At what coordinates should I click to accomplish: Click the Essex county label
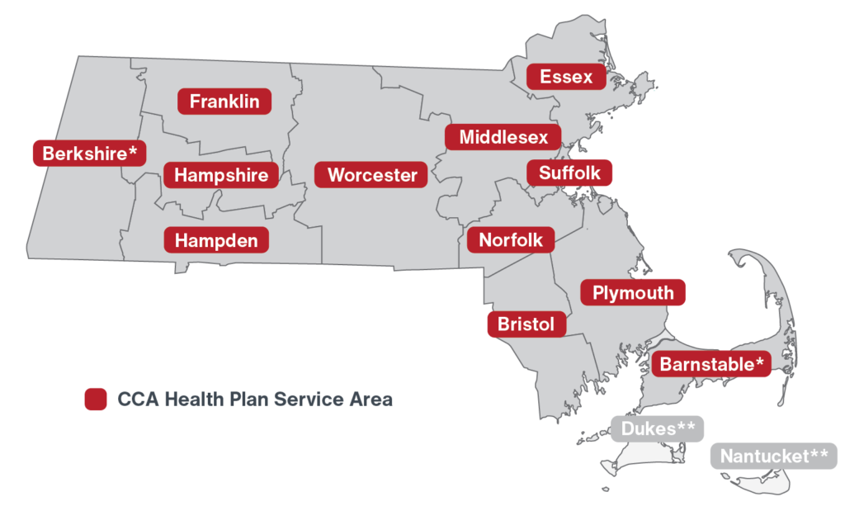point(566,77)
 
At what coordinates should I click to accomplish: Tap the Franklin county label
point(224,102)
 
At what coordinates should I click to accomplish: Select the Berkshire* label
point(89,154)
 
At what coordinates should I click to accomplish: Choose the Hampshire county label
point(221,175)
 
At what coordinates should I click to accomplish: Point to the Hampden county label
point(216,241)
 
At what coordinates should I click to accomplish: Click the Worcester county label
point(371,175)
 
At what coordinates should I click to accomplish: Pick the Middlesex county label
point(503,137)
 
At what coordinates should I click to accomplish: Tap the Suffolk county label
point(569,173)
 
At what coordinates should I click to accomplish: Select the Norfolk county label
point(511,240)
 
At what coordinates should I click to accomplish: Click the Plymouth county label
point(633,292)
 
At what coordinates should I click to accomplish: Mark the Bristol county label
point(526,324)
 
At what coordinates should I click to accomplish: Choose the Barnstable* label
point(711,364)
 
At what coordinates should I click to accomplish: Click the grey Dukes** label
point(658,428)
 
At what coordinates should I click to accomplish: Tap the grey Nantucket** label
point(774,456)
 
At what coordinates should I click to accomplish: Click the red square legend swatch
point(96,400)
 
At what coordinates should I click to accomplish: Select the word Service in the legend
point(314,400)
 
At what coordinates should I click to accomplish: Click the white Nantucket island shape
point(763,484)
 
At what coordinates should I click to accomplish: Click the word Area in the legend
point(372,400)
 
